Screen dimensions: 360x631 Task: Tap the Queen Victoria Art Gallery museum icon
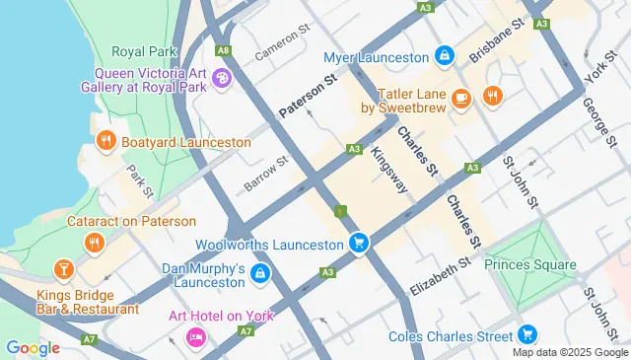222,78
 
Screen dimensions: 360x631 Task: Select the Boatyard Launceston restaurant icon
106,142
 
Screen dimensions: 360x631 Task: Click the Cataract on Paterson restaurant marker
95,242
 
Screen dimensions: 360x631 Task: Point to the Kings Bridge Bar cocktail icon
63,268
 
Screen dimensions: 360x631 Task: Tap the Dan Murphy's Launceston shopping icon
259,273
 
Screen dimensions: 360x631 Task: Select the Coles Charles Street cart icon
528,335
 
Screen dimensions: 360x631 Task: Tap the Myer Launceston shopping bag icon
445,57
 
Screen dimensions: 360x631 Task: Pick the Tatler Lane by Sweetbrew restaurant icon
491,96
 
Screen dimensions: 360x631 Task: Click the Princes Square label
530,264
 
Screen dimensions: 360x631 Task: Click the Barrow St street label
266,175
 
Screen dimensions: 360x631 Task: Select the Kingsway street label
388,169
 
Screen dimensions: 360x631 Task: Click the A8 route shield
224,49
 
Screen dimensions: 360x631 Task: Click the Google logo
33,347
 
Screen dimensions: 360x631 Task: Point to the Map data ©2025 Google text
569,352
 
